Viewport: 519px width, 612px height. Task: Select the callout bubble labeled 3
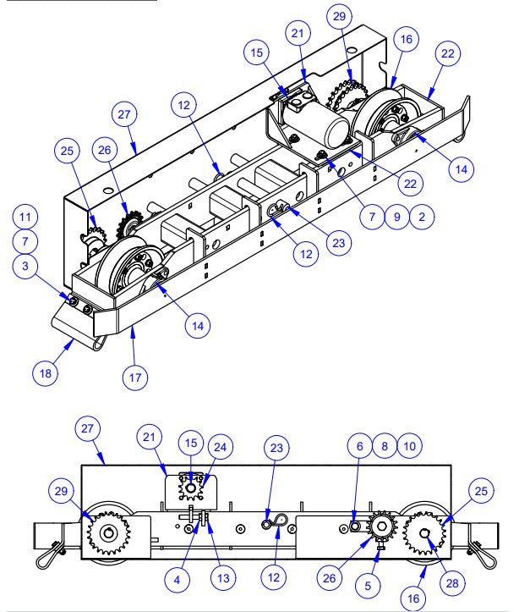click(x=25, y=267)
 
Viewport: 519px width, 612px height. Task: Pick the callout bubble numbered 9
click(x=396, y=216)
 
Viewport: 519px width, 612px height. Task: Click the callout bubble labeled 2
click(x=422, y=216)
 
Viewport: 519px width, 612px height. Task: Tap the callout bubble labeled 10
click(x=408, y=445)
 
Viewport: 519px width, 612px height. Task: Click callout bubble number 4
click(x=177, y=581)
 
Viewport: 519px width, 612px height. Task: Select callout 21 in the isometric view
click(x=298, y=35)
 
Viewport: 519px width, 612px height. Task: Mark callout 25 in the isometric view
click(x=68, y=152)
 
